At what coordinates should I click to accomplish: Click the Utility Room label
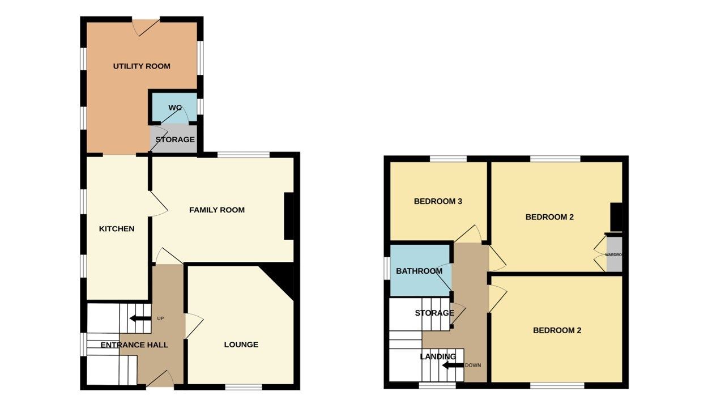click(x=142, y=66)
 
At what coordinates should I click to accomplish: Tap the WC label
click(x=174, y=108)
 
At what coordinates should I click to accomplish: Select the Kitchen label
click(x=117, y=229)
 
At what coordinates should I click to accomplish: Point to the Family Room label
click(x=217, y=210)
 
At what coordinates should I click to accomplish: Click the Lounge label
click(x=241, y=345)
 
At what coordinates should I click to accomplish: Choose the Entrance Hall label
click(x=134, y=345)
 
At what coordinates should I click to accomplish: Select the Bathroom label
click(x=419, y=271)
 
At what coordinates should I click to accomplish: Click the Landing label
click(x=438, y=356)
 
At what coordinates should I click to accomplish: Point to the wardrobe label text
click(x=613, y=255)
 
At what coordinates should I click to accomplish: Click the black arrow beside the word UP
click(x=140, y=318)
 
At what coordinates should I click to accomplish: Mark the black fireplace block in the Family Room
click(x=289, y=216)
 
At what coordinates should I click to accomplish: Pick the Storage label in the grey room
click(x=175, y=139)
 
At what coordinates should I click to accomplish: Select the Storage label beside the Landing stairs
click(x=434, y=313)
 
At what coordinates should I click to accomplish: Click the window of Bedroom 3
click(x=448, y=159)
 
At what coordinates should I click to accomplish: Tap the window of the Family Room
click(x=244, y=155)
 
